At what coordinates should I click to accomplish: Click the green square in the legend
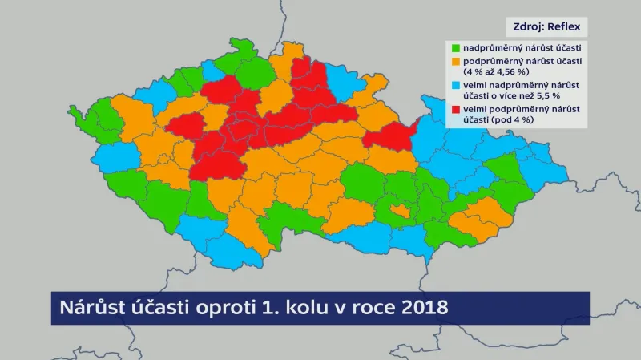coord(457,47)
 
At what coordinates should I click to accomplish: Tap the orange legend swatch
coord(457,60)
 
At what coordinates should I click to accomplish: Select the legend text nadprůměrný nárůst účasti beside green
coord(522,48)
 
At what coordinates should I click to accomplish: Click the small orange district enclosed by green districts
coord(399,211)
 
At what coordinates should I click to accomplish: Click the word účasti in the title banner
coord(152,308)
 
